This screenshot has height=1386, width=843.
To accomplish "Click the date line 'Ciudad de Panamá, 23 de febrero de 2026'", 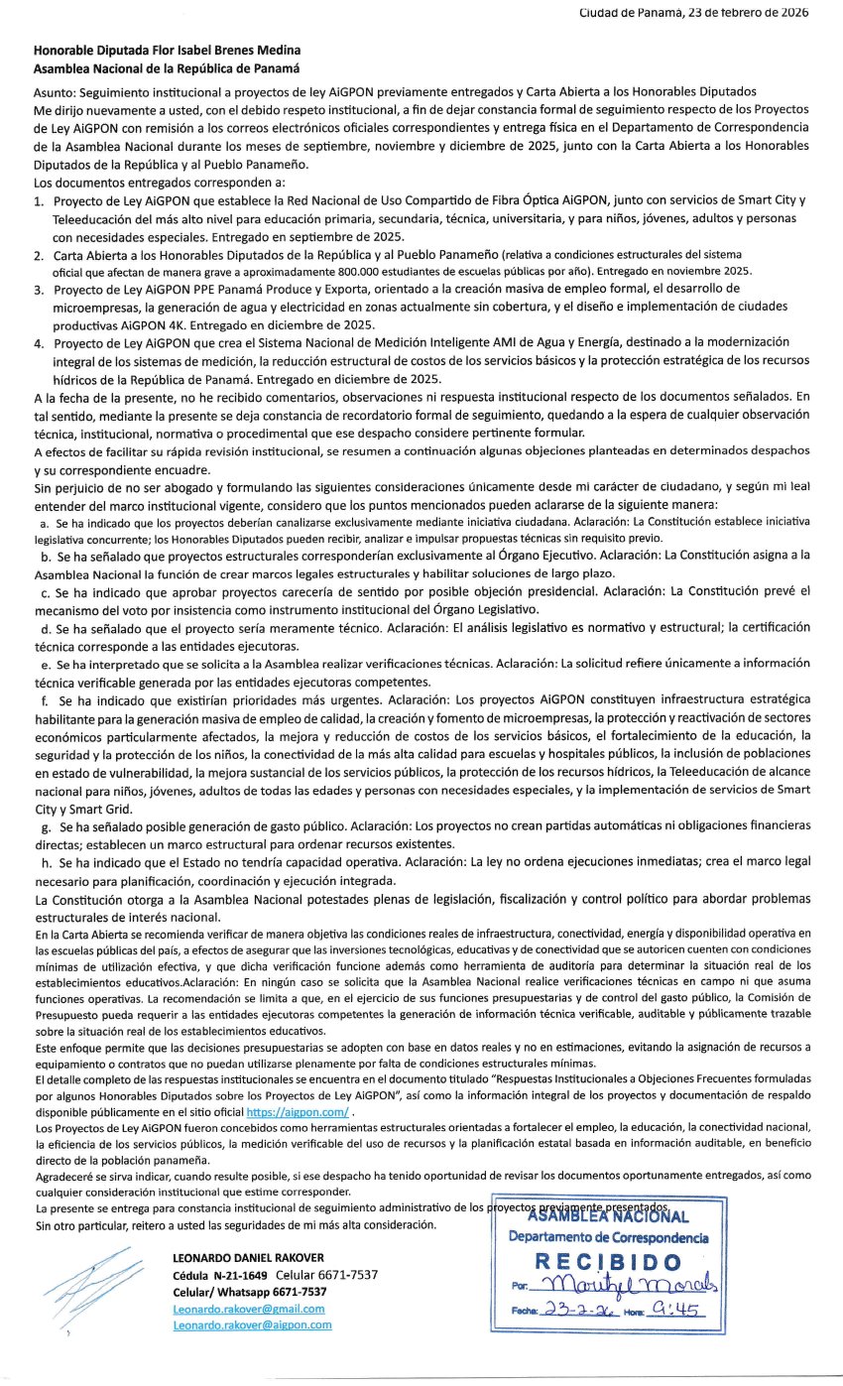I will click(693, 13).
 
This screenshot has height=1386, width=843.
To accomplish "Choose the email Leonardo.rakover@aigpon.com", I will click(252, 1324).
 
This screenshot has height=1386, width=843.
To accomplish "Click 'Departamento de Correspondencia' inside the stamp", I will click(608, 1237).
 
